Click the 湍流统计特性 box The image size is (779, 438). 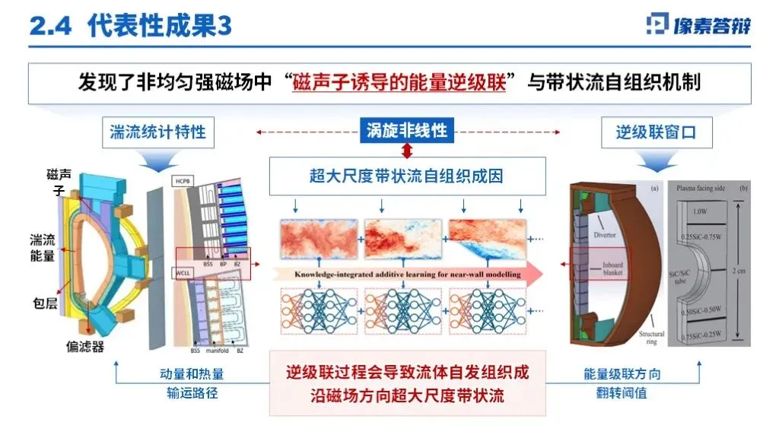tap(157, 132)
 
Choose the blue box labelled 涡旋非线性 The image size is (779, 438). tap(406, 130)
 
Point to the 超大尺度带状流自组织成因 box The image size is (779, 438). tap(407, 176)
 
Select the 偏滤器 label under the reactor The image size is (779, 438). tap(84, 346)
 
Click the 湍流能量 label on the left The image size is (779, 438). tap(43, 248)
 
